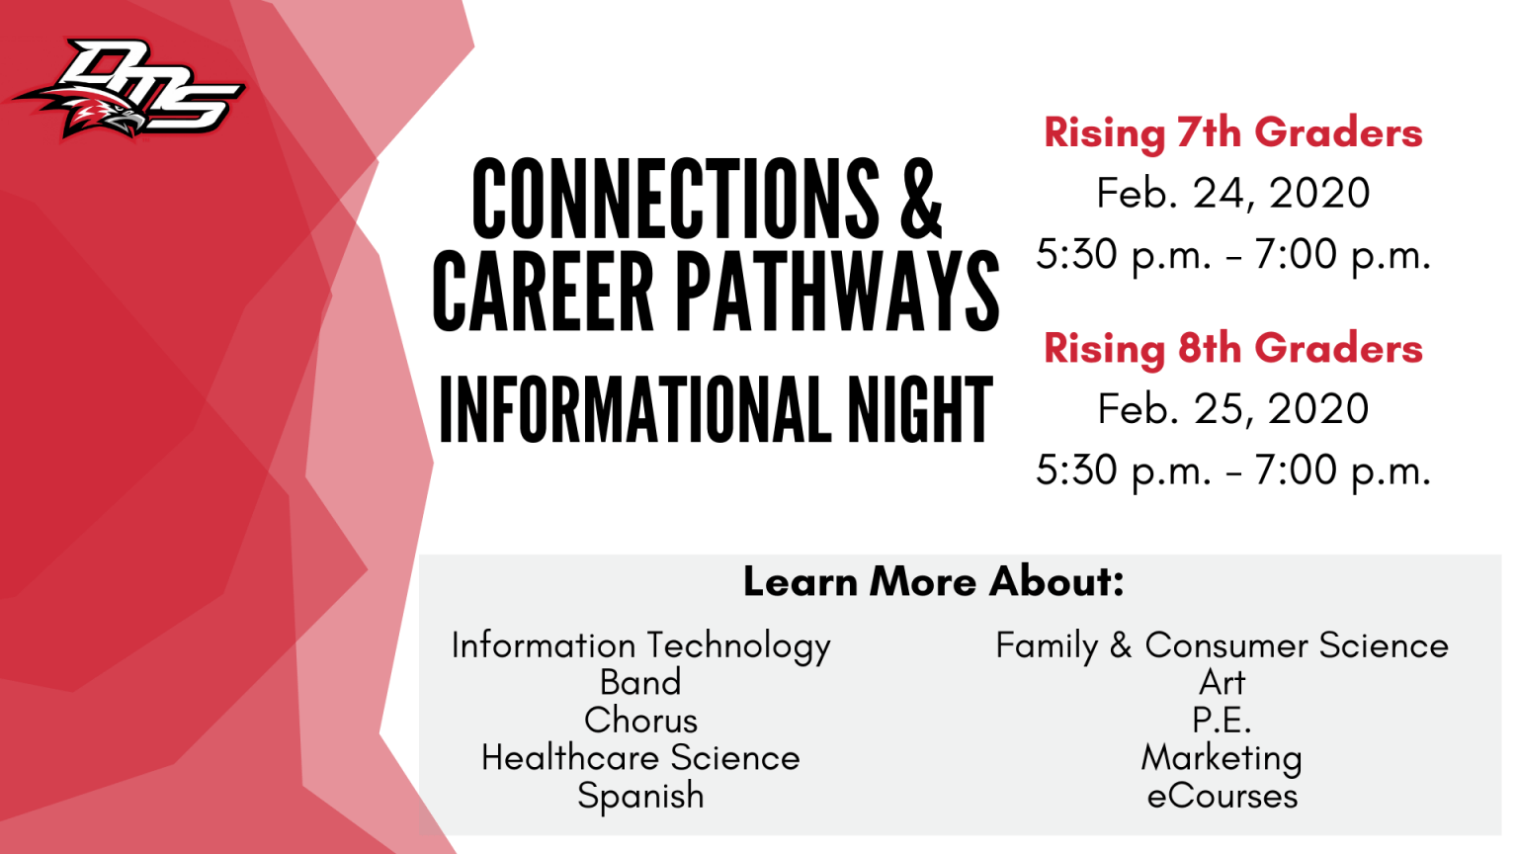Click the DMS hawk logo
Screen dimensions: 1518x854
point(128,90)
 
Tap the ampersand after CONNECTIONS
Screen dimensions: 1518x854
point(921,198)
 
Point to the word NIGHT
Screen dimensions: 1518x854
point(920,410)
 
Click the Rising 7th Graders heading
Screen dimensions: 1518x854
point(1232,132)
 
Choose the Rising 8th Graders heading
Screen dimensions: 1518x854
point(1232,348)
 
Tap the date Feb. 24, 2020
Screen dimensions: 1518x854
point(1232,193)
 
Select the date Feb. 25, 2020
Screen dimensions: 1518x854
point(1232,408)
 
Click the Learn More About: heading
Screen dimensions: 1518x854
point(933,581)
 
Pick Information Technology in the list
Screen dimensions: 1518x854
point(640,645)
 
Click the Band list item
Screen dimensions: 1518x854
point(640,683)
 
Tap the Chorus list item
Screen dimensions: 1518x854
point(640,721)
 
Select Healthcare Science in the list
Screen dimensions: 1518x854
point(640,758)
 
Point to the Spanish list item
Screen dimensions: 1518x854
point(640,797)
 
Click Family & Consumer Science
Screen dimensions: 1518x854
point(1222,645)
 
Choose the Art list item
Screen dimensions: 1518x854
point(1222,683)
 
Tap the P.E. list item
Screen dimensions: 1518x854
point(1222,721)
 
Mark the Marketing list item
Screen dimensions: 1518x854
point(1222,759)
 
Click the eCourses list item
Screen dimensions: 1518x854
point(1222,796)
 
